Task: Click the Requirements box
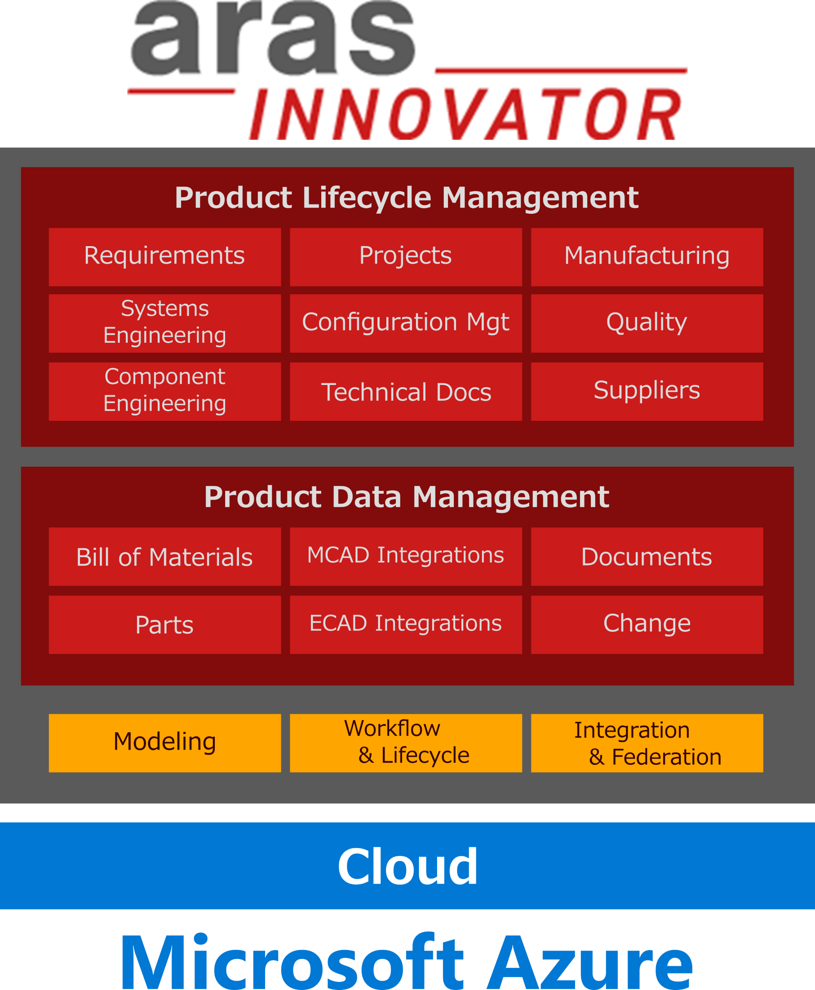pyautogui.click(x=165, y=257)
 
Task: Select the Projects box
pyautogui.click(x=406, y=257)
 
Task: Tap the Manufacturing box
pyautogui.click(x=647, y=257)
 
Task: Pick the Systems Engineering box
pyautogui.click(x=165, y=323)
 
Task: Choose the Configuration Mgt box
pyautogui.click(x=406, y=323)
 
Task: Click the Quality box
pyautogui.click(x=647, y=323)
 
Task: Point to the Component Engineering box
pyautogui.click(x=165, y=392)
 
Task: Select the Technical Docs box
pyautogui.click(x=406, y=392)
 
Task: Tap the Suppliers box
pyautogui.click(x=647, y=392)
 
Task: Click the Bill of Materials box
pyautogui.click(x=165, y=557)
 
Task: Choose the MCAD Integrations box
pyautogui.click(x=406, y=557)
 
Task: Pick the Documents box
pyautogui.click(x=647, y=557)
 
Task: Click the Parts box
pyautogui.click(x=165, y=625)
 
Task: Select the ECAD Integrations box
pyautogui.click(x=406, y=625)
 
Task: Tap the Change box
pyautogui.click(x=647, y=625)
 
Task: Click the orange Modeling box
pyautogui.click(x=165, y=743)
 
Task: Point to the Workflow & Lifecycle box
pyautogui.click(x=406, y=743)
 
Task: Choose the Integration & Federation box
pyautogui.click(x=647, y=743)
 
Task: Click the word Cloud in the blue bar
pyautogui.click(x=407, y=866)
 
